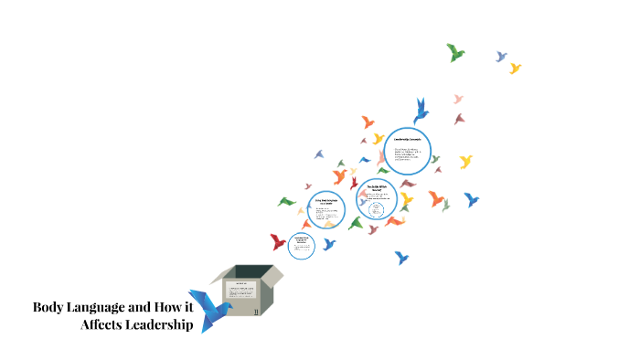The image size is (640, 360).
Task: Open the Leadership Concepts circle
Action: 407,151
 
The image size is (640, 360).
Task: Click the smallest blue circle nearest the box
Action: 301,246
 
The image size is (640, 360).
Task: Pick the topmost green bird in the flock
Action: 455,53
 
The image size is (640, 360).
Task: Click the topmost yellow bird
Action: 515,68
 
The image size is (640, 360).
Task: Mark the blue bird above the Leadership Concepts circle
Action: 421,110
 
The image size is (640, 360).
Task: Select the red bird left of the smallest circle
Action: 278,242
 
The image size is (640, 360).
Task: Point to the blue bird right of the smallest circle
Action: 329,244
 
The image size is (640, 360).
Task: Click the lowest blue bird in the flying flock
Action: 400,258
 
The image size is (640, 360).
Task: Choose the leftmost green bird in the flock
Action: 286,201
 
